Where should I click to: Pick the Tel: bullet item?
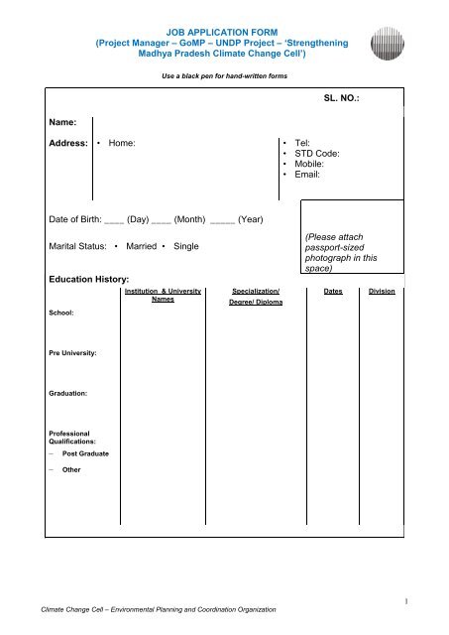[302, 144]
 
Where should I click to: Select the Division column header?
[381, 293]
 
